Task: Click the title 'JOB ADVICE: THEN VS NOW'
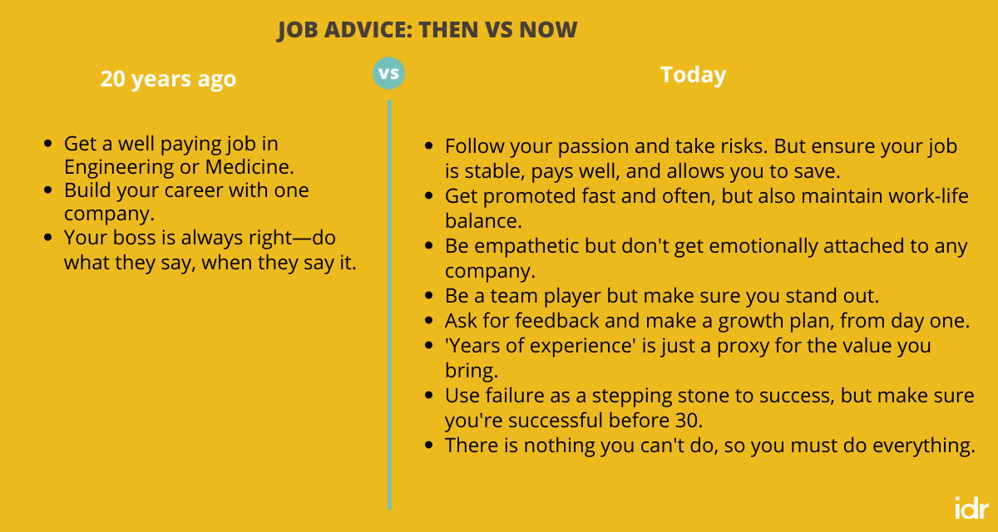click(427, 31)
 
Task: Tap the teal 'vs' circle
click(388, 73)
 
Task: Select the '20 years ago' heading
click(168, 79)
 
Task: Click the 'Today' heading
click(693, 75)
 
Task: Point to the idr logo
click(971, 507)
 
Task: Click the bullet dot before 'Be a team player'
click(429, 296)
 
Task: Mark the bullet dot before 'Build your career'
click(48, 190)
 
